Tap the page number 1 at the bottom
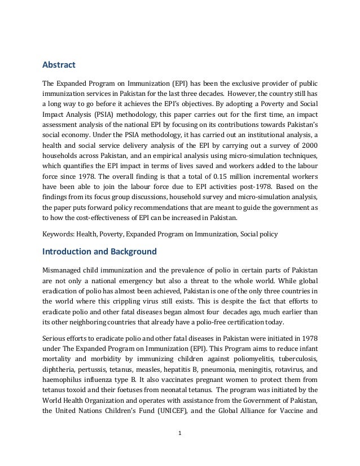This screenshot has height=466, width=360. coord(179,450)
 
